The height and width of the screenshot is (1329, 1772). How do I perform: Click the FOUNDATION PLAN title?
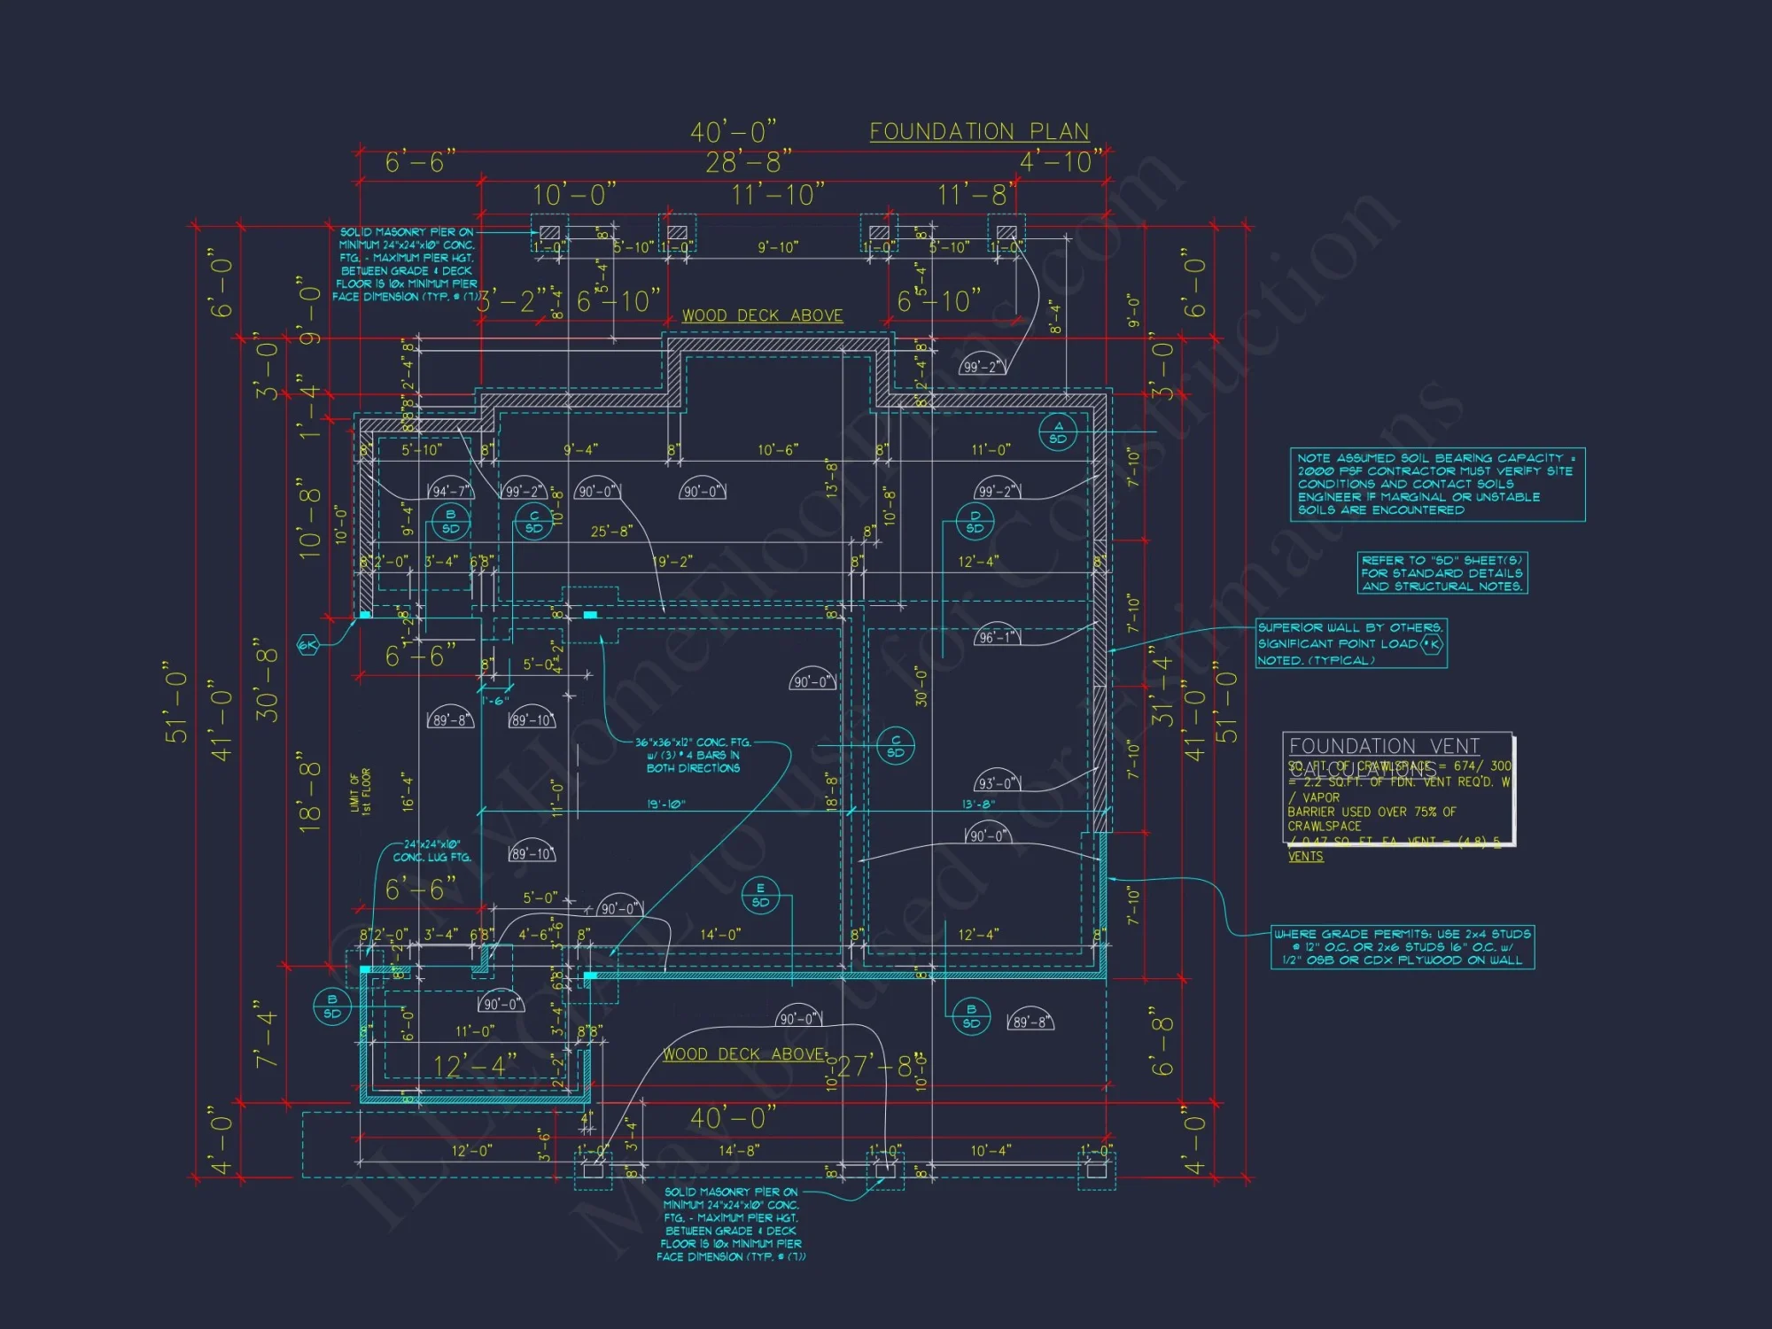[x=979, y=131]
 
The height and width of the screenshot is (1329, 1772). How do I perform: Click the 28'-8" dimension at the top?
[x=749, y=162]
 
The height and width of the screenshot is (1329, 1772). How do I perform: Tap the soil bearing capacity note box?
[x=1436, y=484]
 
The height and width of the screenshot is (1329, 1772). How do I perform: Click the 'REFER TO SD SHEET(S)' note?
[x=1442, y=573]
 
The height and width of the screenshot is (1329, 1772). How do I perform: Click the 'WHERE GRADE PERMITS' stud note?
[x=1402, y=947]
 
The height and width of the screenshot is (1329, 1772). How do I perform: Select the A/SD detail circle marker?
[x=1058, y=432]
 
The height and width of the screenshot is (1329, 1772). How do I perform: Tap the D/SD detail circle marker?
[x=975, y=522]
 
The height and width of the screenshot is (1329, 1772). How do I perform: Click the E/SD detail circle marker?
[x=760, y=895]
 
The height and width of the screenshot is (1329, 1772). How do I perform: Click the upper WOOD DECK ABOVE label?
[x=762, y=315]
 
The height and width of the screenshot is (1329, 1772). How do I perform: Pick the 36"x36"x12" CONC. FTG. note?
[x=693, y=755]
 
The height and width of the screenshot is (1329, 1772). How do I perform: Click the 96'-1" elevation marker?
[x=998, y=636]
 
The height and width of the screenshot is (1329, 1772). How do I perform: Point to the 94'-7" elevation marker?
[x=451, y=490]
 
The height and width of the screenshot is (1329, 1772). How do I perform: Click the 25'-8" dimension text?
[x=611, y=532]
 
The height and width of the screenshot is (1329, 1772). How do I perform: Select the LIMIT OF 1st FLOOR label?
[x=360, y=791]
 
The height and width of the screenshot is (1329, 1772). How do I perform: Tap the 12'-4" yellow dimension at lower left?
[x=474, y=1066]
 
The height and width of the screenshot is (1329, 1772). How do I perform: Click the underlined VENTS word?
[x=1305, y=857]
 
